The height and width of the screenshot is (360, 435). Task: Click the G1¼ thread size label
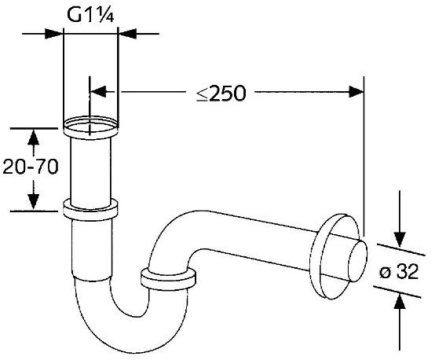tap(90, 14)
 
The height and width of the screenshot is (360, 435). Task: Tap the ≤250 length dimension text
tap(221, 93)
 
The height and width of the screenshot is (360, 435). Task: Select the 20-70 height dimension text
tap(31, 167)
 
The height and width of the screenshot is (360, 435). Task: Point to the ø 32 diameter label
tap(399, 271)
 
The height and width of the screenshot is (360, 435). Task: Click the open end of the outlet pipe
tap(358, 261)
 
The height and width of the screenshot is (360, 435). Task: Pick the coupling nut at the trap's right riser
tap(168, 279)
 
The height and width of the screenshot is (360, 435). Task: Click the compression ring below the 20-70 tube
tap(90, 210)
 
